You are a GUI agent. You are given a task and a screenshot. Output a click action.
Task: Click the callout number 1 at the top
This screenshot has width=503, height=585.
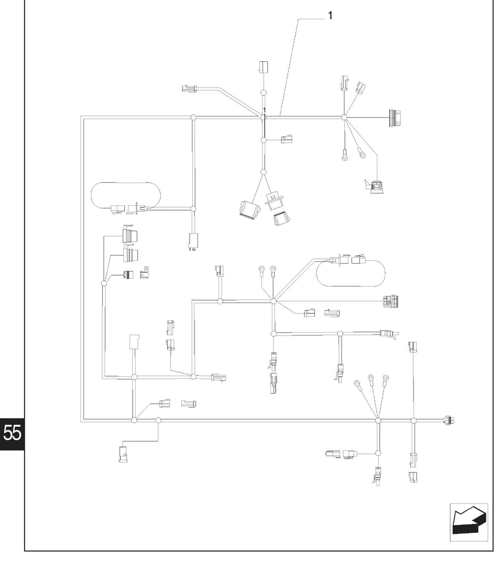[x=330, y=15]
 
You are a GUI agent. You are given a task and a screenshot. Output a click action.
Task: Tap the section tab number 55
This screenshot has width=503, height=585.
[x=12, y=433]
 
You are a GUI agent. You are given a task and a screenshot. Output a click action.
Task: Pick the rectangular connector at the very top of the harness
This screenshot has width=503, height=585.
[x=264, y=67]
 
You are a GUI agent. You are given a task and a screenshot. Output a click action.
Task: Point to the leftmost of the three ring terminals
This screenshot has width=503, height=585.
[x=357, y=383]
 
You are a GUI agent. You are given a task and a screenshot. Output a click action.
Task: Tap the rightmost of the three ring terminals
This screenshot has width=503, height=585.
[x=386, y=378]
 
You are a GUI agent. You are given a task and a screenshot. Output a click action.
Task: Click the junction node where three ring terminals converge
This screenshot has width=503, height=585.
[x=378, y=420]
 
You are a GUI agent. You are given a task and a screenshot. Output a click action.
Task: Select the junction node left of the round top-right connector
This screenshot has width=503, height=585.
[x=344, y=117]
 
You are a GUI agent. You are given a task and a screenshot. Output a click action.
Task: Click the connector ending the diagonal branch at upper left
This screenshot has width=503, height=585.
[x=189, y=89]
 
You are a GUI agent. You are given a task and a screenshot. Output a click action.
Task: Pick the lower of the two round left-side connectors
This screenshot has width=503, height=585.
[x=131, y=254]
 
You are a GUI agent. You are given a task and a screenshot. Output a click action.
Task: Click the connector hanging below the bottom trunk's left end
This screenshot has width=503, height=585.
[x=123, y=454]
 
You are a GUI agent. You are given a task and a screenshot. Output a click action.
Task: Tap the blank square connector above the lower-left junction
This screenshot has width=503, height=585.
[x=134, y=342]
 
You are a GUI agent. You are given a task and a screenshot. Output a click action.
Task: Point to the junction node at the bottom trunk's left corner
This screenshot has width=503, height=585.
[x=134, y=420]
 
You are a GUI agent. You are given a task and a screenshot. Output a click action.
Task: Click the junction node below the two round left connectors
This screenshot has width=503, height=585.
[x=104, y=283]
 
